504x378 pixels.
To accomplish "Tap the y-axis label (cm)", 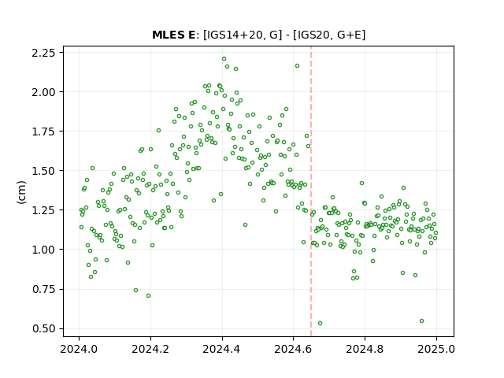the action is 21,192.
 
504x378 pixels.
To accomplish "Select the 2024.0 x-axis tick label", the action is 79,349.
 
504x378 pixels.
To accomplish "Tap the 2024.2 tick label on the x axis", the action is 150,349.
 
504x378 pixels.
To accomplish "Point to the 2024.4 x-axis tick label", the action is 222,349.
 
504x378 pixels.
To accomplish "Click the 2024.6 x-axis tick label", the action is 293,349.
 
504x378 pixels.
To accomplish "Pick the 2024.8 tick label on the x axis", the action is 365,349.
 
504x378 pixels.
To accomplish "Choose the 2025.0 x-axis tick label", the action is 436,349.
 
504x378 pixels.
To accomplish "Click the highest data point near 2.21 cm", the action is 224,59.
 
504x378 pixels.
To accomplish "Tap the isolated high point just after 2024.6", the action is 298,66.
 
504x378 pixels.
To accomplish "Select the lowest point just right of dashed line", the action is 321,324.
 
